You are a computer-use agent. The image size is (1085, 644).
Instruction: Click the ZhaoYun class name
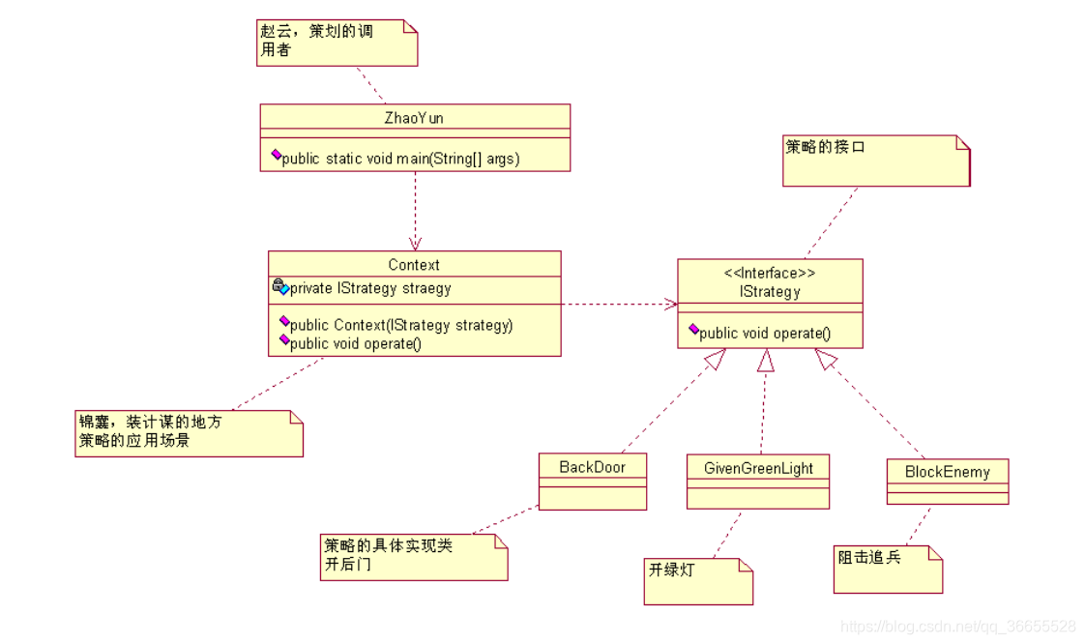pyautogui.click(x=414, y=118)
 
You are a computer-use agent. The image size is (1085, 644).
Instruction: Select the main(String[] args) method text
pyautogui.click(x=400, y=159)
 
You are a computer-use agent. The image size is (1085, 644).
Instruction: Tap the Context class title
pyautogui.click(x=414, y=265)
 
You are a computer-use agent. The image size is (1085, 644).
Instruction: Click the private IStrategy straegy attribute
pyautogui.click(x=369, y=288)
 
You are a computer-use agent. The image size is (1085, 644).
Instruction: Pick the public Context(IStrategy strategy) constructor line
pyautogui.click(x=400, y=325)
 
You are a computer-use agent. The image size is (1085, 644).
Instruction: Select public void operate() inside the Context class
pyautogui.click(x=355, y=343)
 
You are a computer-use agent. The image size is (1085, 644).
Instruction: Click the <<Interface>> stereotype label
pyautogui.click(x=770, y=274)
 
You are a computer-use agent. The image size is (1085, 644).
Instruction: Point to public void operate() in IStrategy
pyautogui.click(x=764, y=334)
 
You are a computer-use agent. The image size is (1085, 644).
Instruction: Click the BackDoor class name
pyautogui.click(x=592, y=468)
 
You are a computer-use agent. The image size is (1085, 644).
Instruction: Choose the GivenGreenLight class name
pyautogui.click(x=758, y=469)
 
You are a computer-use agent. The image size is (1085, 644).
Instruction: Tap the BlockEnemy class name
pyautogui.click(x=947, y=473)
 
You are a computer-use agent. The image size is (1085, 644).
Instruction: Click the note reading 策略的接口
pyautogui.click(x=875, y=160)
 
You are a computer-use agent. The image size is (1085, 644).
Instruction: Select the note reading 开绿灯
pyautogui.click(x=697, y=580)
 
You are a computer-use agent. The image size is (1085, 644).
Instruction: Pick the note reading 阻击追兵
pyautogui.click(x=887, y=569)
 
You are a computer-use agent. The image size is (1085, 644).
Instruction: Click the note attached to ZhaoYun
pyautogui.click(x=337, y=43)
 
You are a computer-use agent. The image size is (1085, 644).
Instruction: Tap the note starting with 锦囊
pyautogui.click(x=189, y=432)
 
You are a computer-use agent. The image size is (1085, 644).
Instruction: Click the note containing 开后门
pyautogui.click(x=413, y=556)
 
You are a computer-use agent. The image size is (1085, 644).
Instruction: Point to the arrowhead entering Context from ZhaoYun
pyautogui.click(x=415, y=244)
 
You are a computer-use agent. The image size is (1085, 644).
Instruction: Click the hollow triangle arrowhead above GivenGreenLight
pyautogui.click(x=765, y=361)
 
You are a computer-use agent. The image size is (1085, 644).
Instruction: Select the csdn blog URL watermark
pyautogui.click(x=957, y=627)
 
